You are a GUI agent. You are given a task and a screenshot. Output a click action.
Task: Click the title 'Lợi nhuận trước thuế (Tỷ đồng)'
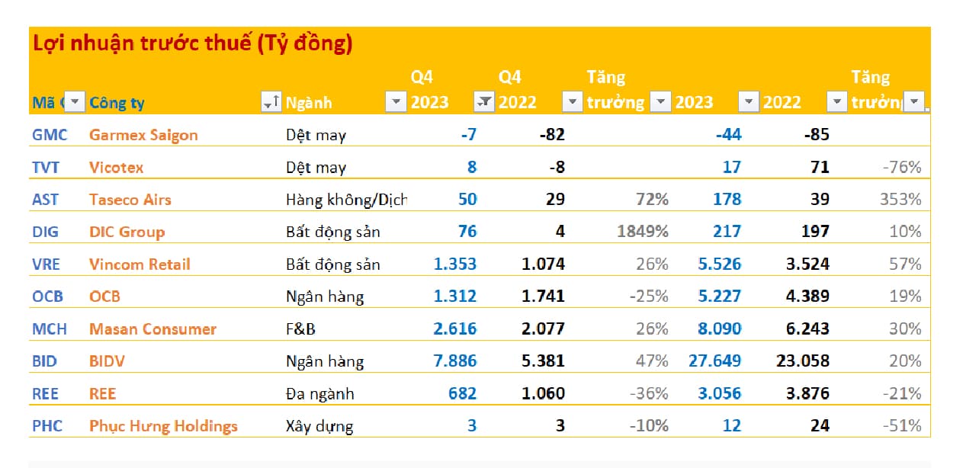pyautogui.click(x=192, y=44)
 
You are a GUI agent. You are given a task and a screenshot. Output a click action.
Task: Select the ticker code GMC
pyautogui.click(x=50, y=135)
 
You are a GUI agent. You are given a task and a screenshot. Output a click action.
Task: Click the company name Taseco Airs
pyautogui.click(x=130, y=200)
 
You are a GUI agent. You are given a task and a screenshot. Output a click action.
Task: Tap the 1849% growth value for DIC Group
pyautogui.click(x=642, y=232)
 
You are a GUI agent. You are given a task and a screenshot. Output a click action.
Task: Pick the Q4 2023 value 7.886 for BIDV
pyautogui.click(x=455, y=361)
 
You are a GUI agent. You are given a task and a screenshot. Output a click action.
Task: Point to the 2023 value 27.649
pyautogui.click(x=714, y=361)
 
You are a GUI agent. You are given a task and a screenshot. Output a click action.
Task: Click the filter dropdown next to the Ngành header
pyautogui.click(x=395, y=102)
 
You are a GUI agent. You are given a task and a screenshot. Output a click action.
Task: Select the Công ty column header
pyautogui.click(x=117, y=103)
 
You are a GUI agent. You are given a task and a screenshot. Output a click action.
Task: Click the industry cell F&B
pyautogui.click(x=301, y=329)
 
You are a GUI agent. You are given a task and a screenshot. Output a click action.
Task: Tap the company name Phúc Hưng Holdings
pyautogui.click(x=163, y=426)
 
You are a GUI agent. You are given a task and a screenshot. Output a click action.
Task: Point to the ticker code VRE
pyautogui.click(x=46, y=264)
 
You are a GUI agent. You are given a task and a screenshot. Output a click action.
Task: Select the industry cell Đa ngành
pyautogui.click(x=320, y=394)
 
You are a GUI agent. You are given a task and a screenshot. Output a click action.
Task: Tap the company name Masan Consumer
pyautogui.click(x=152, y=329)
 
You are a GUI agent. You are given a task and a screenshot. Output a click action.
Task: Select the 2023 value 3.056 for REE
pyautogui.click(x=719, y=394)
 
